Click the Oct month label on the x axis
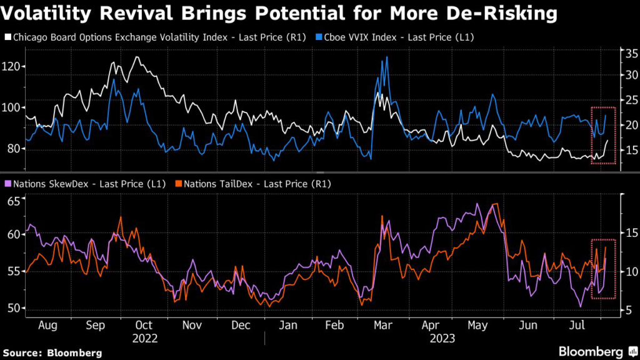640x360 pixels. tap(144, 325)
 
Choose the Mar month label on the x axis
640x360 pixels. tap(383, 325)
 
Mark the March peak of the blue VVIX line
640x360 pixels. tap(387, 57)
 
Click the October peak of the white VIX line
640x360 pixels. tap(137, 57)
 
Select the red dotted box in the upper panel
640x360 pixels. tap(604, 136)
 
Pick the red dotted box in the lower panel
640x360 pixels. tap(604, 269)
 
